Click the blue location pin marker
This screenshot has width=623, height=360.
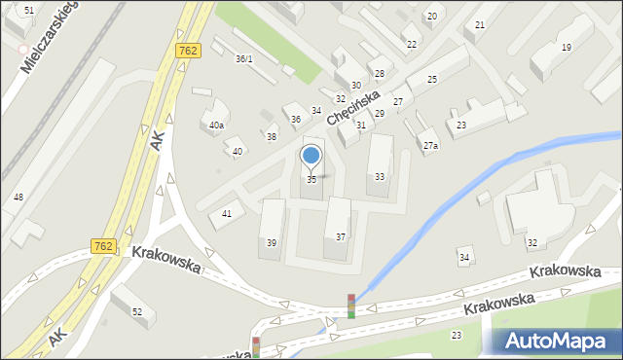click(x=311, y=156)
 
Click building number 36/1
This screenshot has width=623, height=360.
click(x=243, y=58)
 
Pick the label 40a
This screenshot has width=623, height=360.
click(x=216, y=126)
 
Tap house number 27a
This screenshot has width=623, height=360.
click(x=429, y=146)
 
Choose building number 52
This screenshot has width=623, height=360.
click(x=137, y=311)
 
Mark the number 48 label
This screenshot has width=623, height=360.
click(x=18, y=198)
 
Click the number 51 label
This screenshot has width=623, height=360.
click(x=29, y=9)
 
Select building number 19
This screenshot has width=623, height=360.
click(x=566, y=48)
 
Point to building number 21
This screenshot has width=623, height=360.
click(x=479, y=24)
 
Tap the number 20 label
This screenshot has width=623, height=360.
click(x=431, y=17)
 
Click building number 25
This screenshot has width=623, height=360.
click(x=431, y=79)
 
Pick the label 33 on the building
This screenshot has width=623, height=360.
click(x=379, y=176)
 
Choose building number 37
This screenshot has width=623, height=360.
click(x=340, y=237)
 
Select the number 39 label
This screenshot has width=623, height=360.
click(x=272, y=242)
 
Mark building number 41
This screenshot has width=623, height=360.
click(x=227, y=213)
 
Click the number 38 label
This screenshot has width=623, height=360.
click(x=271, y=137)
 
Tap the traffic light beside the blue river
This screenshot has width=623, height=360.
click(x=351, y=306)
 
